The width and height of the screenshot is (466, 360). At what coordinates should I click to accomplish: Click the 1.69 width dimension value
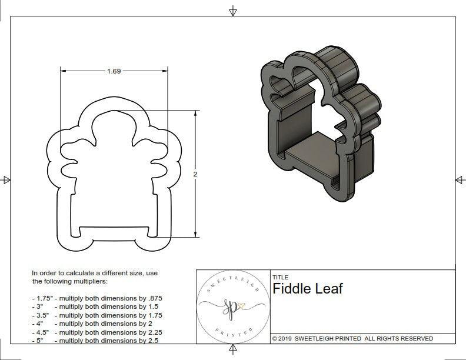(114, 71)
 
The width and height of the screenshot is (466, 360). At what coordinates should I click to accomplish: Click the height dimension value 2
(194, 174)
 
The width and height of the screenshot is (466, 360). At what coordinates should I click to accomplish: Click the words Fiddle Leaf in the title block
(307, 289)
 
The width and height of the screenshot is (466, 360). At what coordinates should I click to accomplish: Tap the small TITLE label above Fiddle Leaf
(281, 277)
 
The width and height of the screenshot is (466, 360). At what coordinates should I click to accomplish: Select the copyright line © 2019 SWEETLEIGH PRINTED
(352, 338)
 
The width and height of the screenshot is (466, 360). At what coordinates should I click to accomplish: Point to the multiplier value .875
(154, 298)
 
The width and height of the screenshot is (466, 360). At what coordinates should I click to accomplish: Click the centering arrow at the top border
(233, 11)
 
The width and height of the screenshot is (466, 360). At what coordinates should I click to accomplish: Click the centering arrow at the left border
(6, 180)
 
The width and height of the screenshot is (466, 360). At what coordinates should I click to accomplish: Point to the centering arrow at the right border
(460, 180)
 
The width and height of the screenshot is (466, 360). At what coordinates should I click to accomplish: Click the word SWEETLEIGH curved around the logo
(229, 281)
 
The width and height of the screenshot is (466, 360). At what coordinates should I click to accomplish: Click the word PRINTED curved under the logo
(228, 334)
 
